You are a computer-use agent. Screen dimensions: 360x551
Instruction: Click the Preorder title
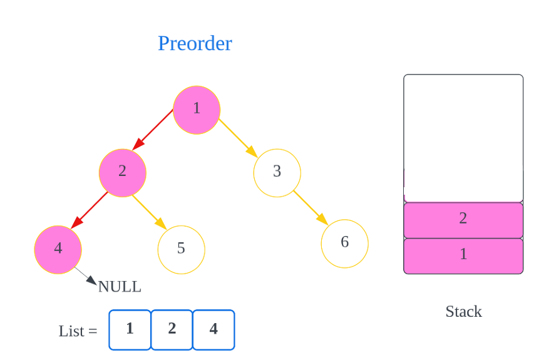coord(195,43)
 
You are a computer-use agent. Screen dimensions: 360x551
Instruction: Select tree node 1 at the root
coord(197,109)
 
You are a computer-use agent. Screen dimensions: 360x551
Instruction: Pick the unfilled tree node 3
coord(277,172)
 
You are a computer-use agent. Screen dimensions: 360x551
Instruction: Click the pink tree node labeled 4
coord(58,249)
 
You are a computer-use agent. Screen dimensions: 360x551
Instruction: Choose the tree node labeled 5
coord(181,249)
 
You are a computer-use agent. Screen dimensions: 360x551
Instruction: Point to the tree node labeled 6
coord(344,243)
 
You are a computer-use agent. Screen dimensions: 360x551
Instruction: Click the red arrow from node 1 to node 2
coord(153,130)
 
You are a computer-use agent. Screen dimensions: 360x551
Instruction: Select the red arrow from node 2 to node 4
coord(90,210)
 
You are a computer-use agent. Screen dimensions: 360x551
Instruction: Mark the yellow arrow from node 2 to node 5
coord(151,213)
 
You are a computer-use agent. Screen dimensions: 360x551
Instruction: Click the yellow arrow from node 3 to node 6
coord(311,207)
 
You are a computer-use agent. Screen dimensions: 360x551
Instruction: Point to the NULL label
coord(120,287)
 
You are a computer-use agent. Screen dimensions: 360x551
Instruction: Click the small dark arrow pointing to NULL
coord(85,276)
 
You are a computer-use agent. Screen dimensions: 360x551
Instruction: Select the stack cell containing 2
coord(463,219)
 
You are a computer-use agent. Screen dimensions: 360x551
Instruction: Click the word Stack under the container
coord(463,312)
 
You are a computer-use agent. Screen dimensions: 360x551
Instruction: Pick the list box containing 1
coord(130,329)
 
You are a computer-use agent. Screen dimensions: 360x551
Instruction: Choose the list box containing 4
coord(214,329)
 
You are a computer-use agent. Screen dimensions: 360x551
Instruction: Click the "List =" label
coord(78,331)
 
